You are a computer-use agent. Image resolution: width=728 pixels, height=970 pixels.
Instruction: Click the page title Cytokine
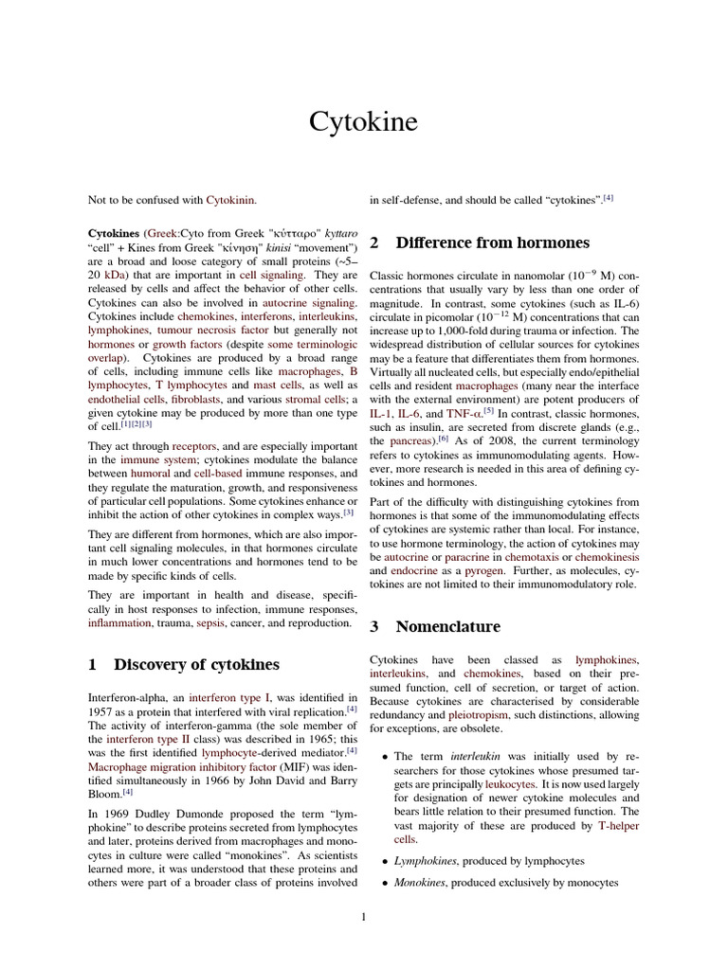coord(363,122)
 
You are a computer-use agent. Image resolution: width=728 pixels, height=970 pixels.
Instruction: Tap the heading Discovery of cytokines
coord(196,664)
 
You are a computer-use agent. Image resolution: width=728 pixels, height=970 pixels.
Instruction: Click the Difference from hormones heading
coord(492,242)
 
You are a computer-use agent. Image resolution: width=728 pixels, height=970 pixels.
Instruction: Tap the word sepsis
coord(209,623)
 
